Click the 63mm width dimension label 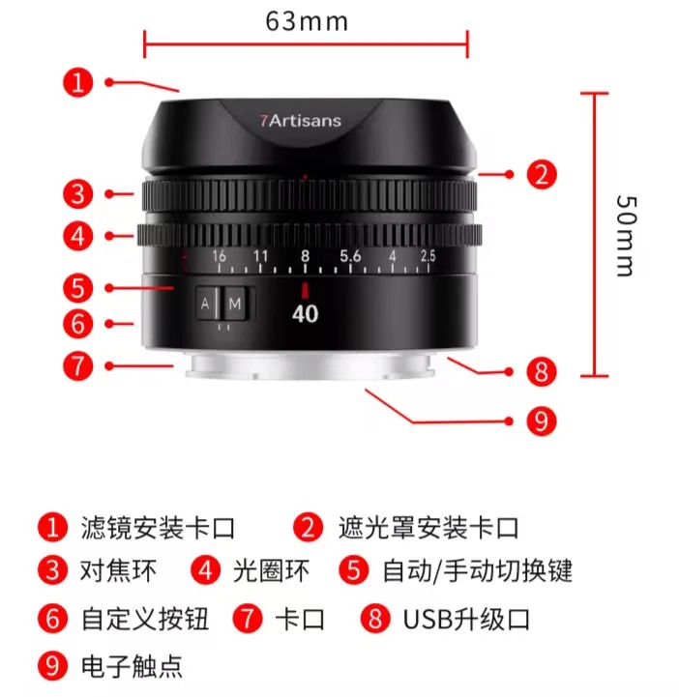click(x=307, y=21)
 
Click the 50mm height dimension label click(x=628, y=236)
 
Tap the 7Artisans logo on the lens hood click(x=301, y=121)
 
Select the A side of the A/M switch click(x=205, y=304)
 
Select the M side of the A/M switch click(x=235, y=304)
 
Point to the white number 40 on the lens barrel click(x=305, y=314)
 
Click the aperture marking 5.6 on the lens click(x=350, y=256)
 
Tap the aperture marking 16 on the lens click(x=219, y=256)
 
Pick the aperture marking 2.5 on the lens click(x=428, y=256)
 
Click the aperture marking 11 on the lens click(x=261, y=256)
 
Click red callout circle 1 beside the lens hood click(x=78, y=82)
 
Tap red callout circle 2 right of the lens click(x=542, y=174)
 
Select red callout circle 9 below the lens click(x=542, y=421)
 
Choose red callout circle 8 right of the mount click(x=542, y=371)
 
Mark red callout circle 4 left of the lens click(x=78, y=236)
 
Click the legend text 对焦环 click(x=118, y=570)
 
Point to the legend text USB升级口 click(x=466, y=619)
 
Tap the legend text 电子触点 click(x=132, y=666)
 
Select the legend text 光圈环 click(x=271, y=570)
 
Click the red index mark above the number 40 click(x=305, y=290)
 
